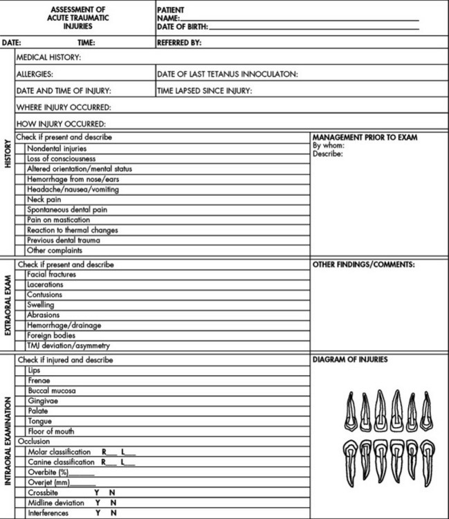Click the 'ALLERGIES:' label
(x=35, y=73)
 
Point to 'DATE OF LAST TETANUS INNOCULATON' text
(x=227, y=73)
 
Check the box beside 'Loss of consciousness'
(x=21, y=158)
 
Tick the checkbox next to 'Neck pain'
(x=21, y=199)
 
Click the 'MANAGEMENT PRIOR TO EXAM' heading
(x=365, y=137)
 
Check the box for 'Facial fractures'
(x=21, y=275)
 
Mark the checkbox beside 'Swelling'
(x=21, y=305)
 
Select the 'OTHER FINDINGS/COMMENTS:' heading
(x=363, y=264)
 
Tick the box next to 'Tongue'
(x=21, y=421)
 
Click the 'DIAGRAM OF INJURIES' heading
(x=350, y=360)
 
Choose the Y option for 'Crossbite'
(x=97, y=493)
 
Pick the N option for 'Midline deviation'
(x=112, y=503)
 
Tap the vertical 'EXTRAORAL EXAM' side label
(x=8, y=305)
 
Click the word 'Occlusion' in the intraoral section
(x=33, y=441)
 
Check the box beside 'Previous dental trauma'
(x=21, y=240)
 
